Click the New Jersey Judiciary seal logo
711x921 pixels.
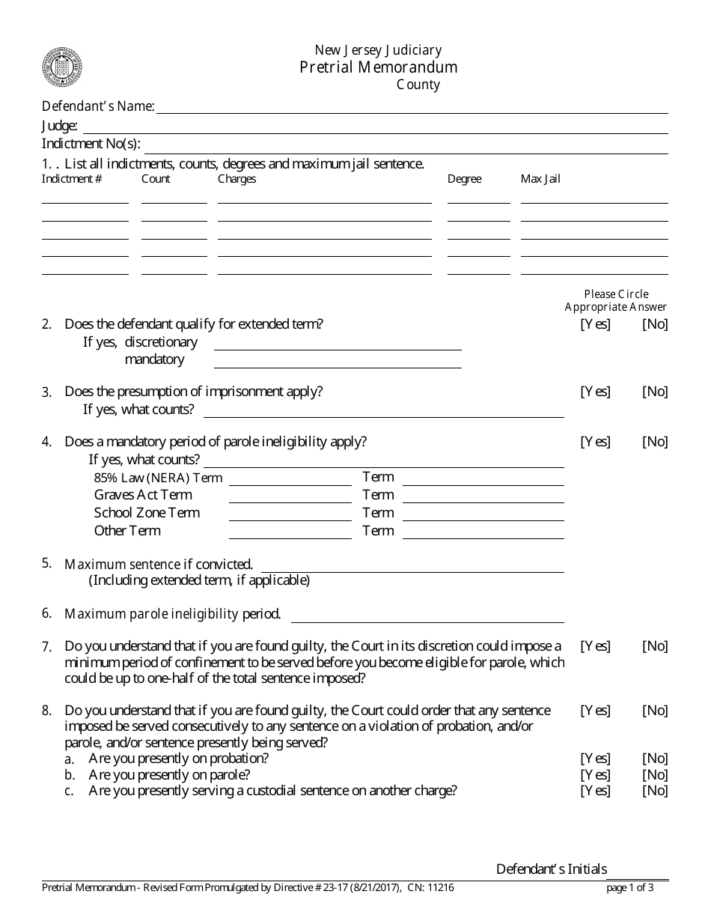62,67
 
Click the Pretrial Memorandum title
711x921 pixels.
378,67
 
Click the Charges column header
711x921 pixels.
237,179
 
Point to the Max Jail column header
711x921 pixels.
540,179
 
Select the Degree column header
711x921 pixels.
464,179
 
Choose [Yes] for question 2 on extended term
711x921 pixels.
595,324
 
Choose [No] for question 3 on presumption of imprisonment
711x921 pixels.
655,392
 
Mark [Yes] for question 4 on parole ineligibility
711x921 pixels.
595,442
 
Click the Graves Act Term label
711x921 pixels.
143,495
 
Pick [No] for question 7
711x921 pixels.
655,646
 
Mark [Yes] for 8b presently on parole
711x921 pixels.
595,774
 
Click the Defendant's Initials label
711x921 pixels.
552,869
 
